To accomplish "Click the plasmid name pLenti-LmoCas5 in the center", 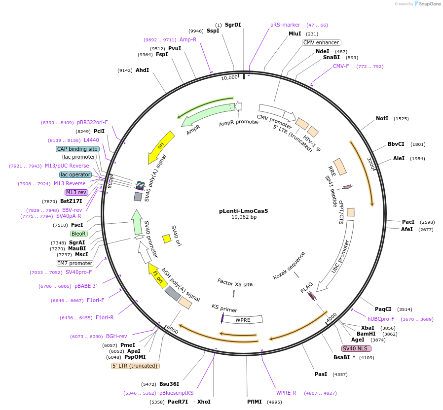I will pos(243,211).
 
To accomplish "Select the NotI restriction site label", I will pos(382,118).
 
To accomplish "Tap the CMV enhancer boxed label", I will pos(321,42).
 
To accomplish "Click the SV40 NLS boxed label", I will pos(356,348).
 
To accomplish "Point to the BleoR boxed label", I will pos(78,234).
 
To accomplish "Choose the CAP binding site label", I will pos(77,149).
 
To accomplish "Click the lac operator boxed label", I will pos(75,174).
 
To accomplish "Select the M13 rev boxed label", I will pos(76,192).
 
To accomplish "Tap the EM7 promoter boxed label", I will pos(74,263).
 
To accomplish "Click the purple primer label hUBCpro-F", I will pos(381,319).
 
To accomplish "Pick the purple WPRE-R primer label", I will pos(286,393).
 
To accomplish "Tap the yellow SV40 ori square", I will pos(167,239).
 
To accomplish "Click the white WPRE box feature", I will pos(243,319).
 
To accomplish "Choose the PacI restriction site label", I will pos(408,222).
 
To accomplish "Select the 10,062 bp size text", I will pos(244,217).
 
